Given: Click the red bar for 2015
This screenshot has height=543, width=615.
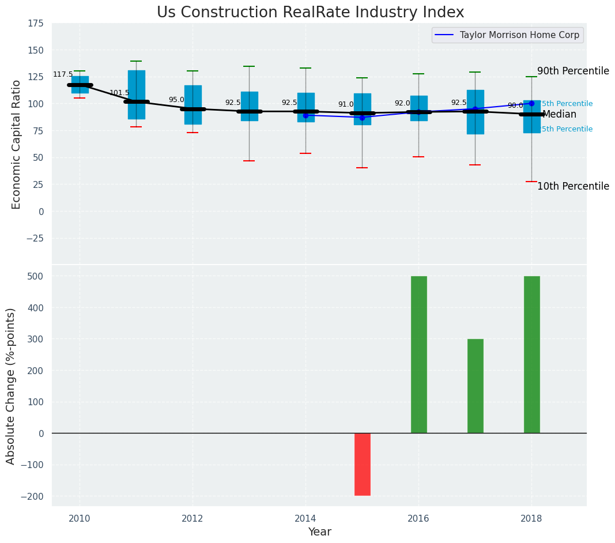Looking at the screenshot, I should coord(362,464).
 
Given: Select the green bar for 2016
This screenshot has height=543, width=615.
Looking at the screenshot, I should coord(418,355).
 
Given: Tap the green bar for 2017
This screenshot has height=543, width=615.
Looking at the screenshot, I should coord(475,386).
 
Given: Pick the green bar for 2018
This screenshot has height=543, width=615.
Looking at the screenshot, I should coord(531,355).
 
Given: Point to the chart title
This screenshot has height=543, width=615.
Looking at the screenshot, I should coord(310,13).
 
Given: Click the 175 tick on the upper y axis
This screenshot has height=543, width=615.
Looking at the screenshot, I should coord(35,24).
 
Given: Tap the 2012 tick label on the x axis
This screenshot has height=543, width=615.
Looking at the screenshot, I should coord(193,519).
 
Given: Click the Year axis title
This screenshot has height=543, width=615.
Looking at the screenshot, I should coord(319,532).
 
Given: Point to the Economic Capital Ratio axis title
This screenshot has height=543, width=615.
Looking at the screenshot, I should coord(16,144).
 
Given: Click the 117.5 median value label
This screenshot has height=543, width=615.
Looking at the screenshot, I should coord(63,75).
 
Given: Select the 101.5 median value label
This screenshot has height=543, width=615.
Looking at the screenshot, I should coord(119,93).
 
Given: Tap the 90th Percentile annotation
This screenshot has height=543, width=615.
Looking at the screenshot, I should coord(573,71).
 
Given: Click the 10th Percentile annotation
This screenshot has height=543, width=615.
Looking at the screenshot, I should coord(573,186).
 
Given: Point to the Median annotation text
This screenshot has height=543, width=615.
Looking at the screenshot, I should coord(559,115).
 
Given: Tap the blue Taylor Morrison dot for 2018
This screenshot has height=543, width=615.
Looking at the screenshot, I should coord(531,104).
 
